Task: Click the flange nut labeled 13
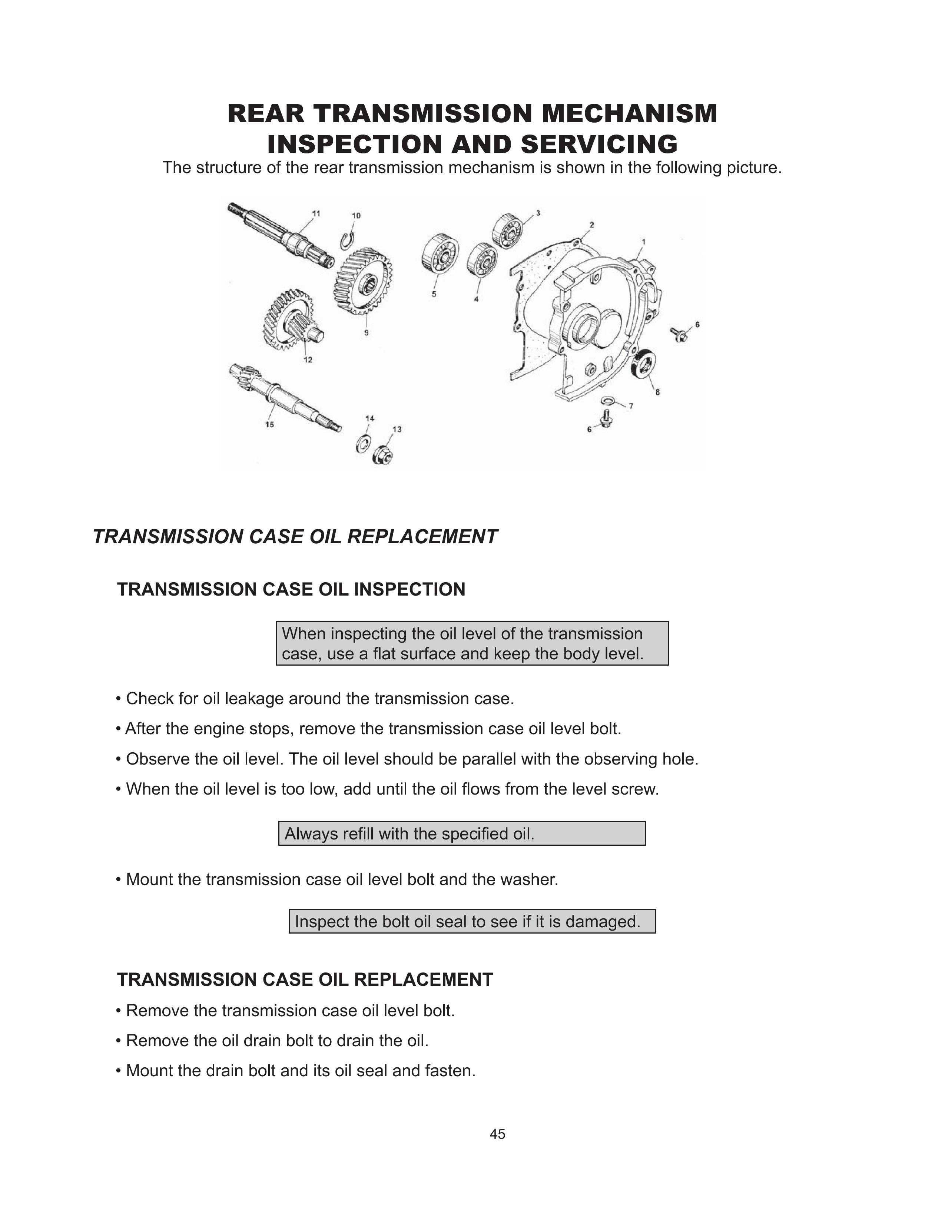click(382, 454)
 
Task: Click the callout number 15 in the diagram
click(270, 424)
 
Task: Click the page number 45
click(497, 1134)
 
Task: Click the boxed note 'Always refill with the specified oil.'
click(462, 834)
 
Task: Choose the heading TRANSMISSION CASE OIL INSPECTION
click(291, 590)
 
